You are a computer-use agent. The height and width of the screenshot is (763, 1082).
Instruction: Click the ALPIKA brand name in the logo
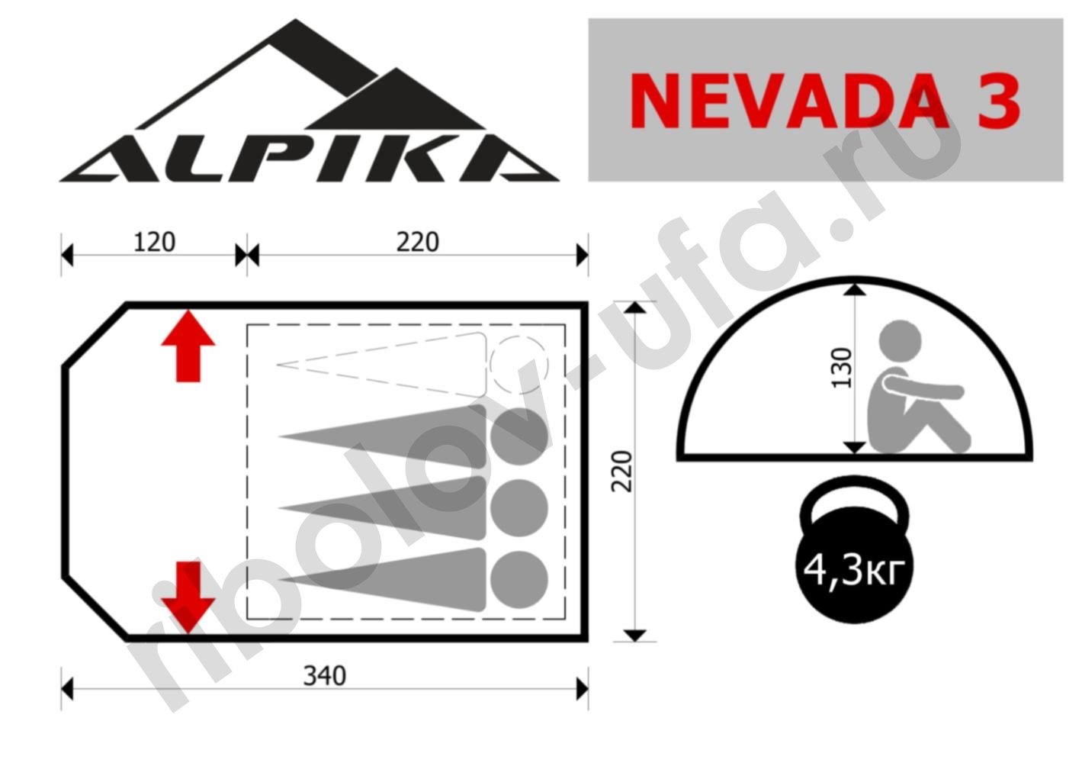[309, 159]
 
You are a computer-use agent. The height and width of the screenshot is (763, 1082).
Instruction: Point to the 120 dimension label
[154, 243]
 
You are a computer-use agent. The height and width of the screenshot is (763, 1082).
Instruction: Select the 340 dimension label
[324, 676]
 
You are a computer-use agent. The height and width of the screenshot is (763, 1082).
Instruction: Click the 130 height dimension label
[842, 368]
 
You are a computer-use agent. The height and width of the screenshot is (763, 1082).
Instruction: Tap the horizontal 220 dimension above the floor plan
[417, 243]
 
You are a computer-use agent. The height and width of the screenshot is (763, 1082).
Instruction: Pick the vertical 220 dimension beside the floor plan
[622, 472]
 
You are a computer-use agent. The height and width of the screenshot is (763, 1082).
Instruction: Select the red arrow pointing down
[188, 597]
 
